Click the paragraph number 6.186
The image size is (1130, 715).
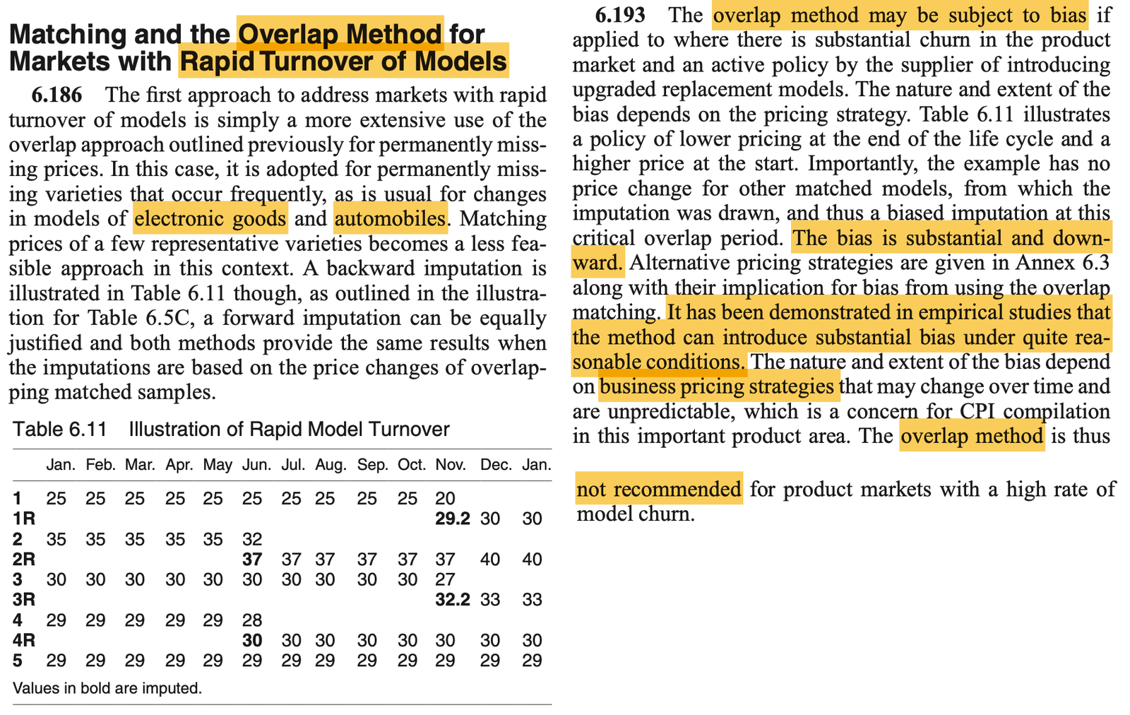pos(57,95)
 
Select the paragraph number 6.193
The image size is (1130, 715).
pos(619,15)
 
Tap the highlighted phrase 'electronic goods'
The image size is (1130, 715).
pos(210,218)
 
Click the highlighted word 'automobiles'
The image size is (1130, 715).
pos(390,218)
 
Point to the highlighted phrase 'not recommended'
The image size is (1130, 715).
pos(658,489)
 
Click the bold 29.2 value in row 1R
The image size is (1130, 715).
pos(452,519)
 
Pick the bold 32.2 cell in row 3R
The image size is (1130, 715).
pos(452,600)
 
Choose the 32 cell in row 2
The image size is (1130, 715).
pos(252,540)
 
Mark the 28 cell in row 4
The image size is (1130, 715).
pos(252,621)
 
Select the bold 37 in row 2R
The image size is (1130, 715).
pos(252,560)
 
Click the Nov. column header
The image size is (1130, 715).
pos(450,465)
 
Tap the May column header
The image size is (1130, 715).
pos(218,465)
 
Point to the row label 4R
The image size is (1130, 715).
pos(24,641)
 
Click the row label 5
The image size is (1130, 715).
pos(17,661)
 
